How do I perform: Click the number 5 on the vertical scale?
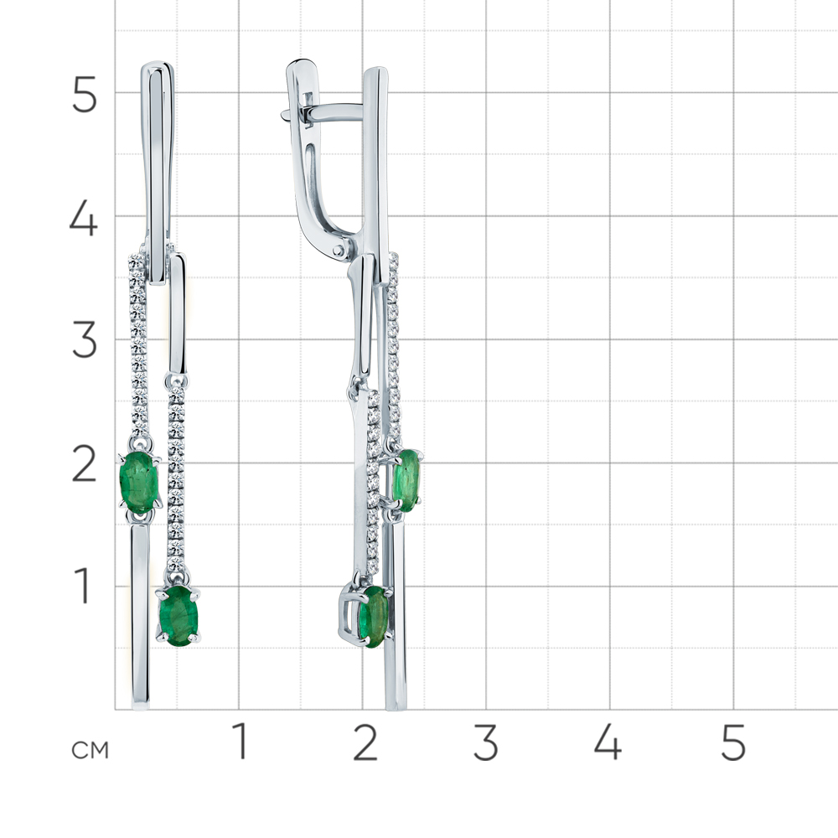[84, 94]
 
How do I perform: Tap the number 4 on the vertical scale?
[83, 218]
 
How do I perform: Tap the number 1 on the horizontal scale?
[241, 741]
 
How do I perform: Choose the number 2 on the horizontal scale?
[365, 742]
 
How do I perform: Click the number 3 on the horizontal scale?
[486, 742]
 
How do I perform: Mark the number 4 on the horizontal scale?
[608, 742]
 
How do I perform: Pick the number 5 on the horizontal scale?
[732, 742]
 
